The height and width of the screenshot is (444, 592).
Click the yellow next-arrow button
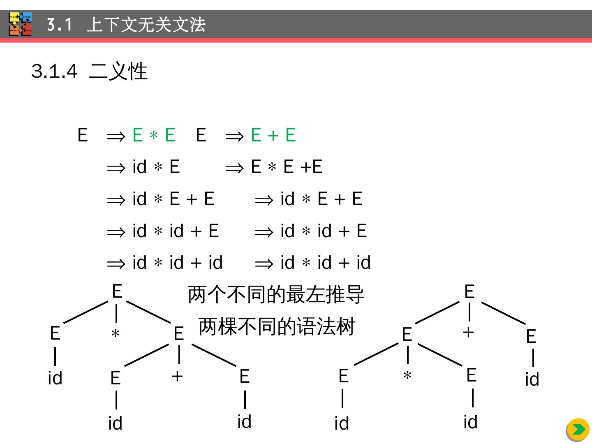(x=578, y=430)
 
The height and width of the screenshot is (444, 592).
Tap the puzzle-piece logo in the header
(x=21, y=24)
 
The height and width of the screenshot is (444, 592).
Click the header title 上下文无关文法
(x=146, y=25)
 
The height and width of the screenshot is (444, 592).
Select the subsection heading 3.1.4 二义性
(x=89, y=71)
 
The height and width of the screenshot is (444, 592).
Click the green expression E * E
(x=154, y=135)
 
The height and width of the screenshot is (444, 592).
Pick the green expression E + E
(x=273, y=135)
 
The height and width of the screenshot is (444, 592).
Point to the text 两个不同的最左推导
(x=275, y=295)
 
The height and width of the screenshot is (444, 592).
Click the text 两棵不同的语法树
(x=276, y=327)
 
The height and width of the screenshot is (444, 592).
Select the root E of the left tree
(x=117, y=291)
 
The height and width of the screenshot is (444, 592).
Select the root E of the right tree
(x=469, y=292)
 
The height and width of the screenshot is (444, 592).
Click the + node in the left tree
(x=177, y=376)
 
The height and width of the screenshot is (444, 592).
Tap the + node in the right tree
(x=468, y=332)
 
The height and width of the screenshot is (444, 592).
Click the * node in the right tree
(x=407, y=376)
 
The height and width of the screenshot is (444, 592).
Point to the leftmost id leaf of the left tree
(x=55, y=378)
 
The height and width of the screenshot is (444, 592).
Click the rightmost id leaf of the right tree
(x=532, y=379)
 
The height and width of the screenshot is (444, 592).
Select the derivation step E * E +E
(x=287, y=167)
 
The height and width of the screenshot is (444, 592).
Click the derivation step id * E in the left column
(x=156, y=167)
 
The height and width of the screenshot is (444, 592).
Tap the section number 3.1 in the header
(x=59, y=25)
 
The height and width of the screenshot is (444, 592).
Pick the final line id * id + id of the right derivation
(x=325, y=263)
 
